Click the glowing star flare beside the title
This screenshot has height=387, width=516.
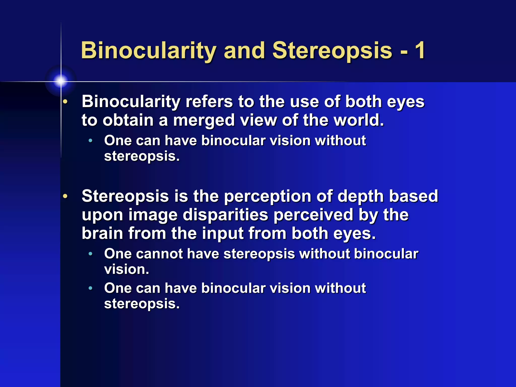click(60, 81)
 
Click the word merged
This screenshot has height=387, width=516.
click(204, 120)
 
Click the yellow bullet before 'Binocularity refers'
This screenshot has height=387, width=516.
click(65, 102)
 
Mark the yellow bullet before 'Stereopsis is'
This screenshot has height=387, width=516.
click(65, 196)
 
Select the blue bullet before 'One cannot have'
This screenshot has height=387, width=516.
click(90, 254)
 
